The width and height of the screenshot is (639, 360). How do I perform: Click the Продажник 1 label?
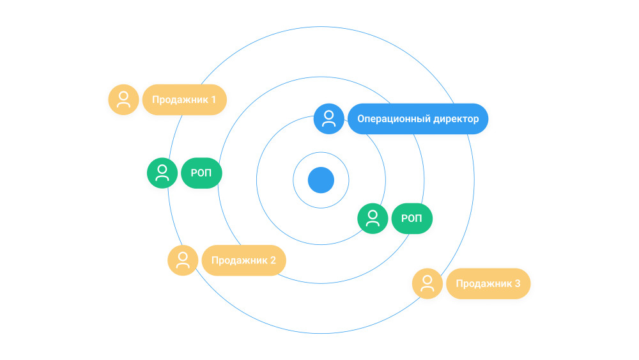(184, 100)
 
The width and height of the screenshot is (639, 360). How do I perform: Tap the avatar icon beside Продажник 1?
(123, 100)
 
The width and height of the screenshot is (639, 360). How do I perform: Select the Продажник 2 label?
(243, 260)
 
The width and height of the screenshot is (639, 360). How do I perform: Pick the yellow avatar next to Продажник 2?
(183, 260)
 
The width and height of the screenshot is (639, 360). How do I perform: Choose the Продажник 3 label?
(488, 283)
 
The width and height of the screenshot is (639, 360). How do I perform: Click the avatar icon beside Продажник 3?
(427, 283)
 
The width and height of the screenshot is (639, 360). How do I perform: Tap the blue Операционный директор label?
(418, 119)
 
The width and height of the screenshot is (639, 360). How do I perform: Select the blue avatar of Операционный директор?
(329, 119)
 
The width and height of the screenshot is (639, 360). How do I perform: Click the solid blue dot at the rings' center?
(321, 180)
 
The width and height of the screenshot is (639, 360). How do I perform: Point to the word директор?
(455, 119)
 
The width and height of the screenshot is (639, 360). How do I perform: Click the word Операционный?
(393, 119)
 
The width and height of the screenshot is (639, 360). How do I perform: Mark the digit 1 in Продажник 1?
(213, 100)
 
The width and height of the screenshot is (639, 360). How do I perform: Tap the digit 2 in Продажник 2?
(273, 260)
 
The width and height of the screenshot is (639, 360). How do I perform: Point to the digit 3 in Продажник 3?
(517, 283)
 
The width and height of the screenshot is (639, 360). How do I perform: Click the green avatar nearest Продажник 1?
(162, 173)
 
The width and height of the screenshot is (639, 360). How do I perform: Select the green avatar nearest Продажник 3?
(373, 219)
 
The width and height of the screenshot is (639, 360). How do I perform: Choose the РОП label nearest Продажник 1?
(201, 173)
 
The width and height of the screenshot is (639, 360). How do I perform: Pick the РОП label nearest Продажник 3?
(412, 219)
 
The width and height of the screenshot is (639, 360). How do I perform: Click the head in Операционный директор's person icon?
(329, 115)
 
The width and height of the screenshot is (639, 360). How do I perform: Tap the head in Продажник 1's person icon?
(123, 96)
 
